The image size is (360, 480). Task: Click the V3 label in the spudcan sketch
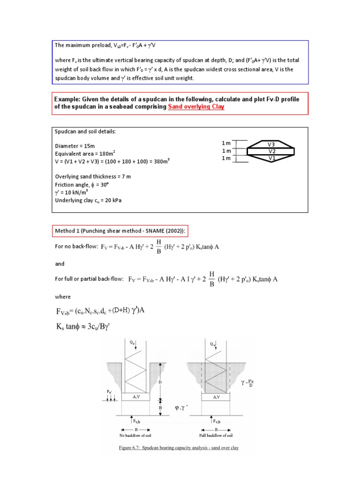271,144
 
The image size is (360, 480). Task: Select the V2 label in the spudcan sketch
271,151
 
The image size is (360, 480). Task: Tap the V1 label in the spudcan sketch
271,158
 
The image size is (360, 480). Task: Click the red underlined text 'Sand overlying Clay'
196,107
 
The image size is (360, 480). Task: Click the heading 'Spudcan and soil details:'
85,132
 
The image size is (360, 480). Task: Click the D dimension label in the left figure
160,382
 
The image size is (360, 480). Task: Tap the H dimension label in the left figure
160,407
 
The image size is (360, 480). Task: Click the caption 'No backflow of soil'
135,435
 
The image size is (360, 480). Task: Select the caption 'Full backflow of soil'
216,435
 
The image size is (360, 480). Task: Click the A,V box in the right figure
216,397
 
